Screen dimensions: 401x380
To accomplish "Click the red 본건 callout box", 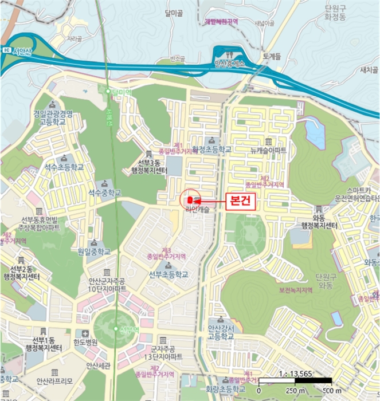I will point(238,202).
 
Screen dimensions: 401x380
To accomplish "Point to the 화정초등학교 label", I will point(212,150).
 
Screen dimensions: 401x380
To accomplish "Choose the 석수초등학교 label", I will point(65,167).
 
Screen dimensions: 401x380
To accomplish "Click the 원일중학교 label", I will point(94,251).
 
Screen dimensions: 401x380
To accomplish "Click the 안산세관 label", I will point(97,365).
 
